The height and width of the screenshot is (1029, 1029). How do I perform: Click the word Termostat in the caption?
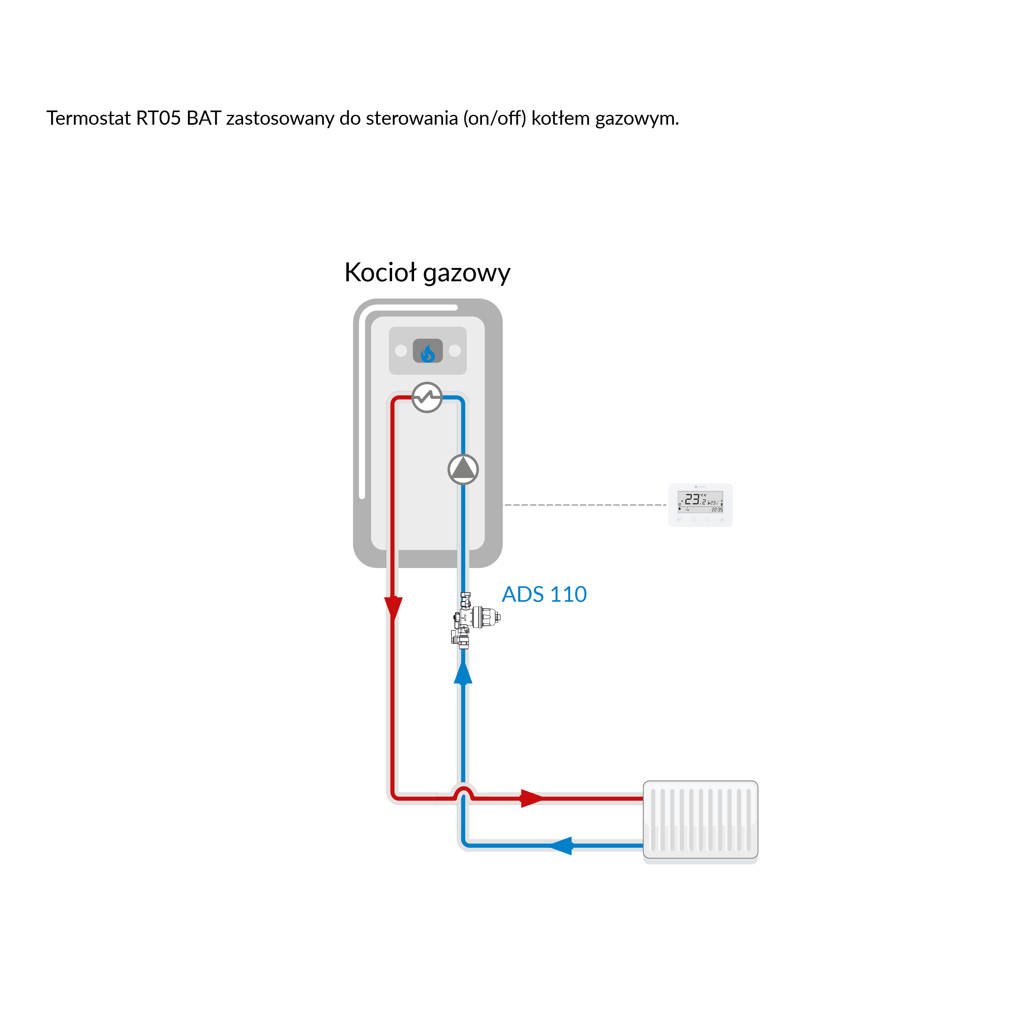[88, 118]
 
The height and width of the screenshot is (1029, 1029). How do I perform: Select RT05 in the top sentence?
[158, 118]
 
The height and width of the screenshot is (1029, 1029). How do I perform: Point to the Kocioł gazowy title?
[427, 273]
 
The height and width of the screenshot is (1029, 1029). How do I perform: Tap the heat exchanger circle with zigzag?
[427, 397]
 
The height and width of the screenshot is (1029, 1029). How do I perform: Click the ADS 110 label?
[544, 594]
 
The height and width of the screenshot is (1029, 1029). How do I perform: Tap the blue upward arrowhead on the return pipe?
[463, 673]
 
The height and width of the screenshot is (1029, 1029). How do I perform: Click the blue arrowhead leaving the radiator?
[561, 845]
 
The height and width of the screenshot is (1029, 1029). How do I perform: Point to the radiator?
[701, 820]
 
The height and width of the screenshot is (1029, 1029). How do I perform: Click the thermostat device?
[701, 505]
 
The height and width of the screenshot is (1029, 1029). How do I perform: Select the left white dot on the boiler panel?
[401, 350]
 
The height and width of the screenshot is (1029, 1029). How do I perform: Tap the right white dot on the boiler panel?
[455, 350]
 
